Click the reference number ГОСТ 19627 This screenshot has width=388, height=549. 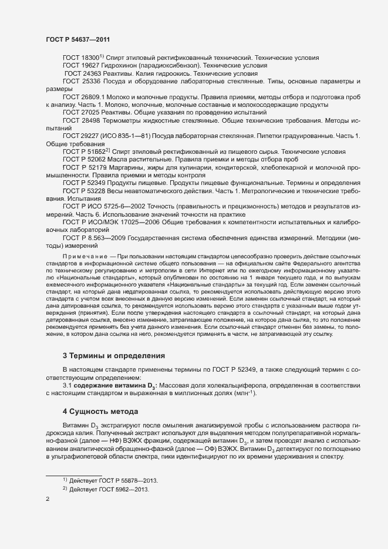click(81, 66)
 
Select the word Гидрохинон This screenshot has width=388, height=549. click(120, 66)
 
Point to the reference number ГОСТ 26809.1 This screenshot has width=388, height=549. click(84, 96)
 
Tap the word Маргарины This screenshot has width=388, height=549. click(129, 167)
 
